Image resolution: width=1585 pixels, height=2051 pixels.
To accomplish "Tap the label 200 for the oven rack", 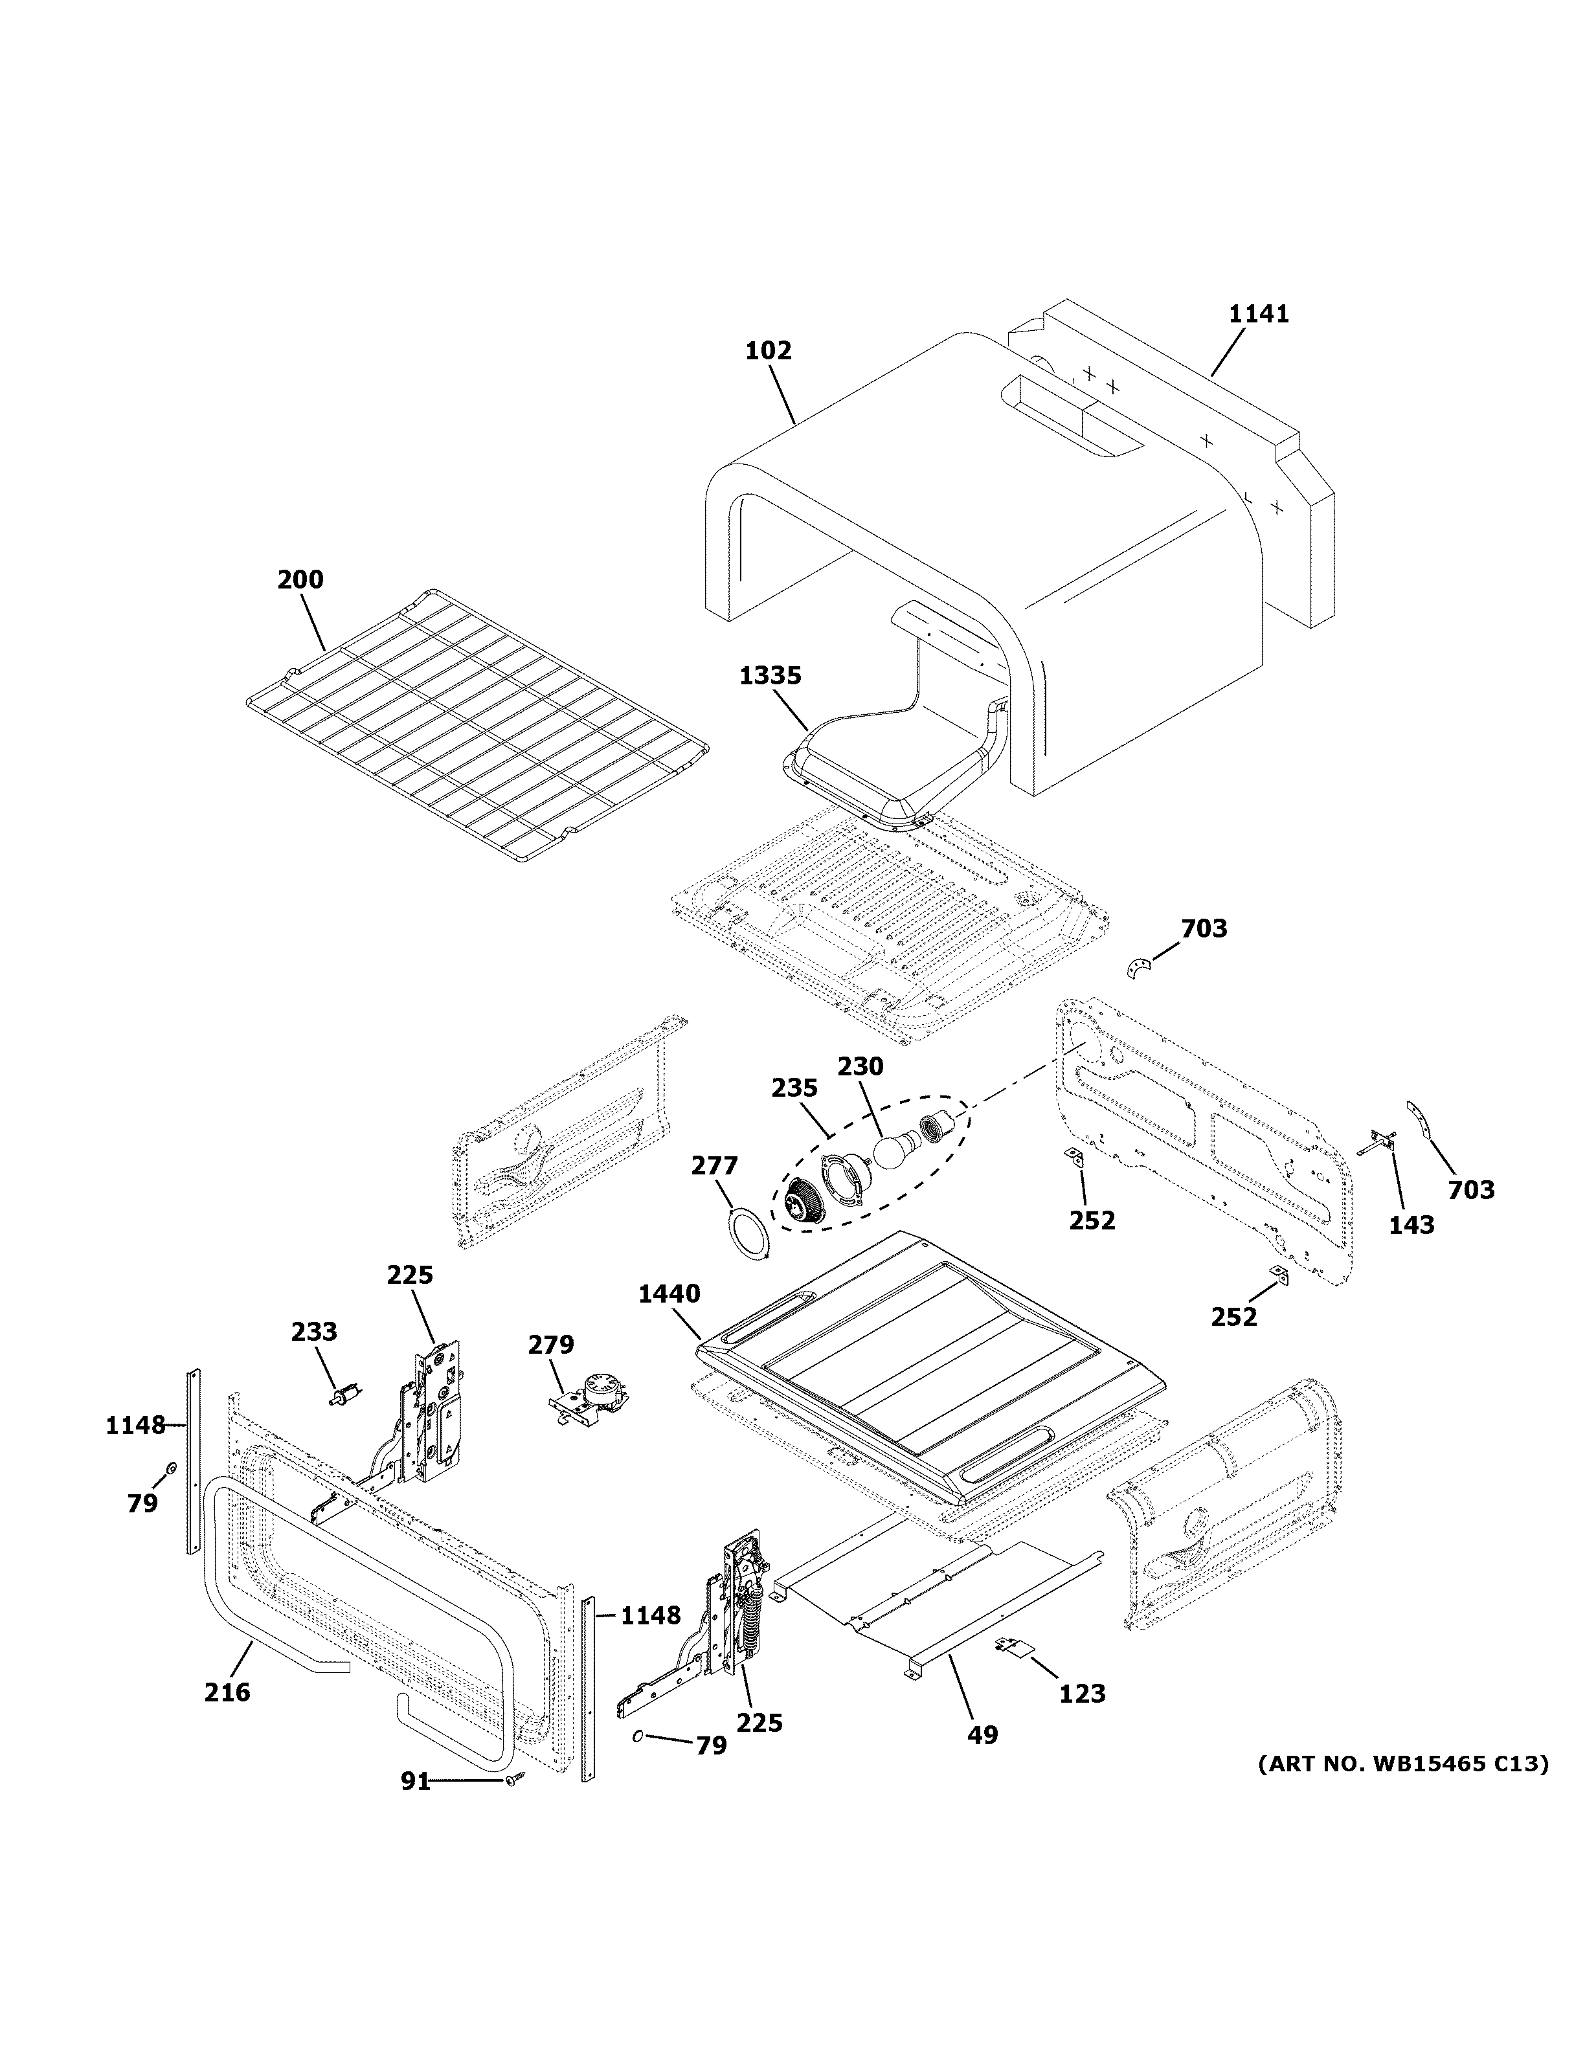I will [300, 579].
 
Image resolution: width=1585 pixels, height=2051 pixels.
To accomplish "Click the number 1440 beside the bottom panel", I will [669, 1294].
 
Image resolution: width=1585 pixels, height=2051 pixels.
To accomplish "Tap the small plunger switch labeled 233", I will [344, 1398].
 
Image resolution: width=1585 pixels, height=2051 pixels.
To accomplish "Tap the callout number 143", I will [1411, 1225].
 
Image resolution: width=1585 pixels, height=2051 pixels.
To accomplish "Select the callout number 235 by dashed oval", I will [794, 1088].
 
